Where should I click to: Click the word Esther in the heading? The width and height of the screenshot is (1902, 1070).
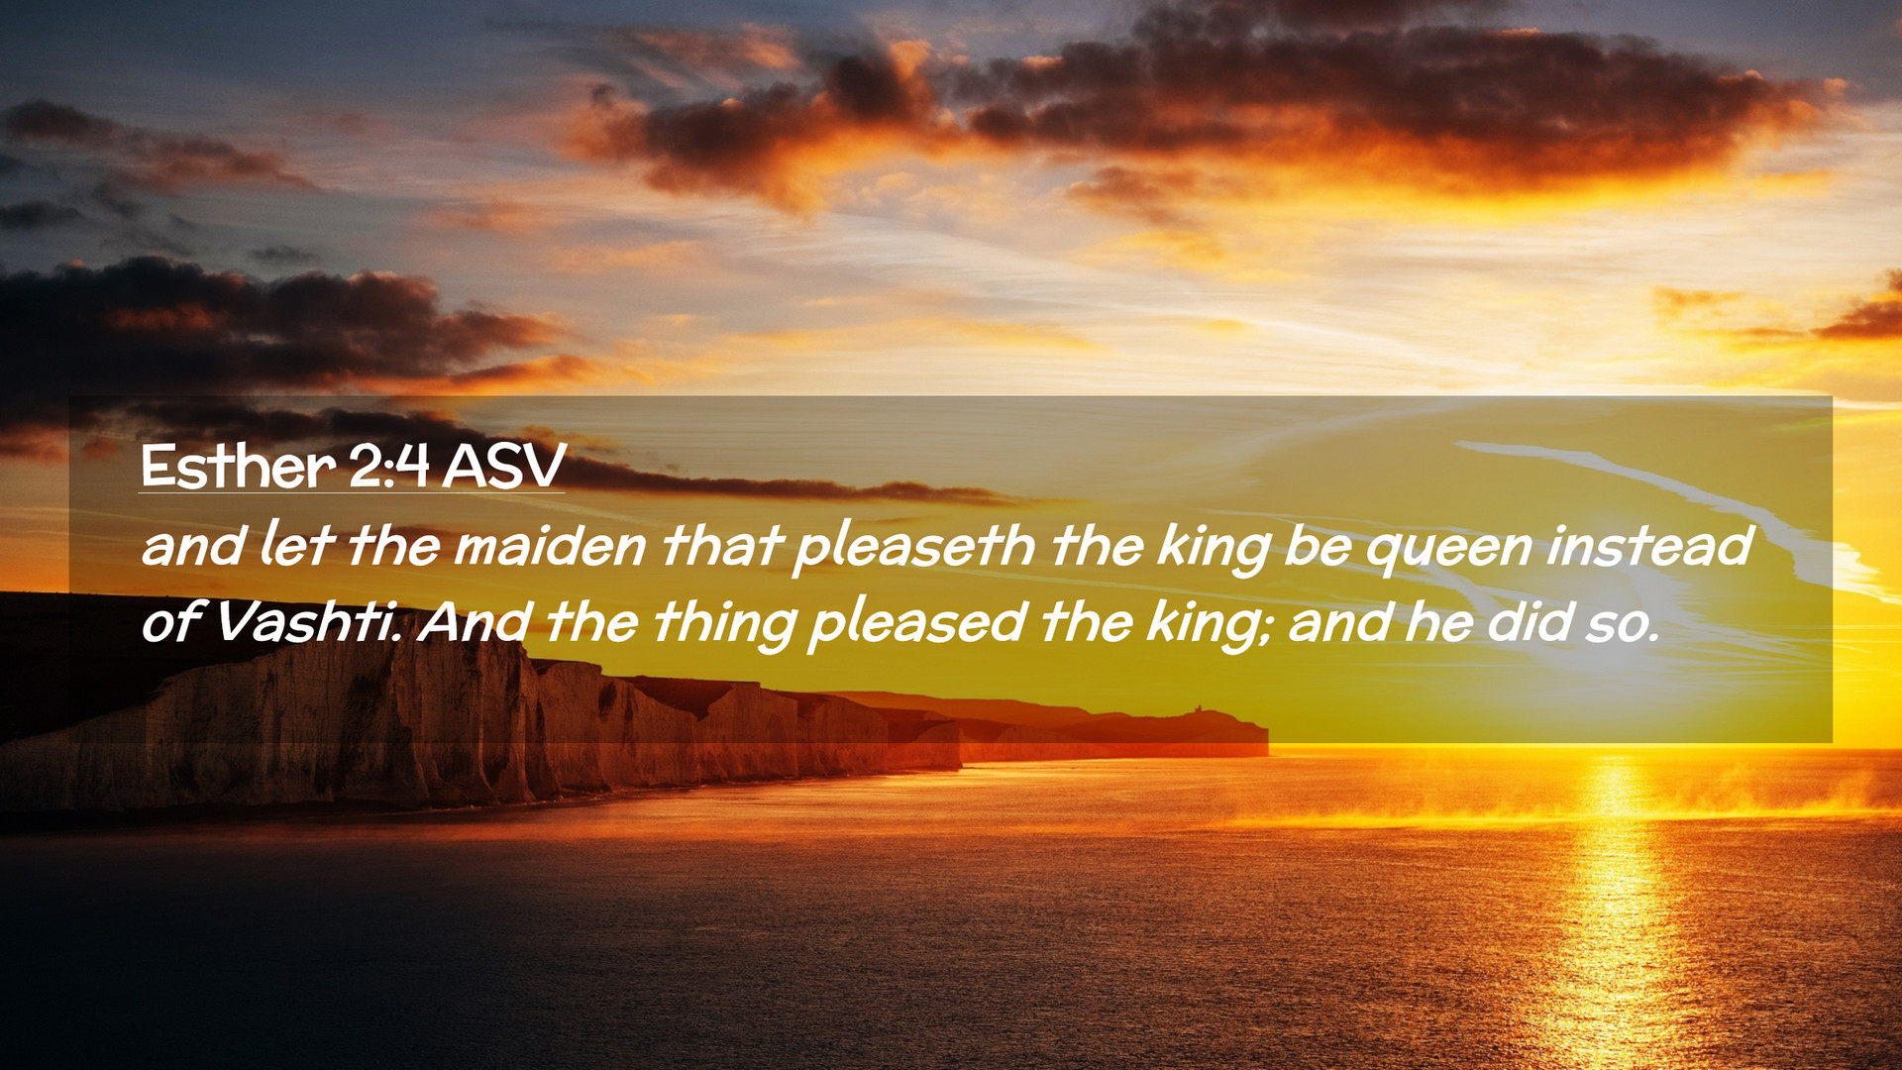pos(239,466)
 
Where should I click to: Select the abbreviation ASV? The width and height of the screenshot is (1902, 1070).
pos(504,466)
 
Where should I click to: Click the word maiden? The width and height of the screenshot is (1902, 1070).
pos(550,546)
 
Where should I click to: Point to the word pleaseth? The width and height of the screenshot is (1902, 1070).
pos(914,549)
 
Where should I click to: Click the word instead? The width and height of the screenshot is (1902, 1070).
pos(1649,546)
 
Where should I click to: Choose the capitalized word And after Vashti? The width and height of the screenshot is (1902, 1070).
pos(474,622)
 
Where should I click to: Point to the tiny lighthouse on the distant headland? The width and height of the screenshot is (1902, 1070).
pos(1198,708)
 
